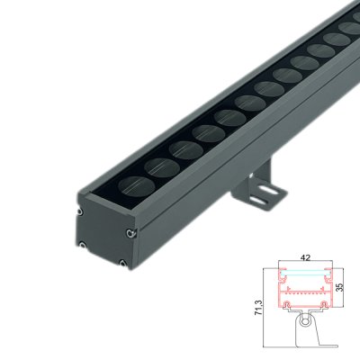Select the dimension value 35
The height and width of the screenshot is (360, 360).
coord(339,286)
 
